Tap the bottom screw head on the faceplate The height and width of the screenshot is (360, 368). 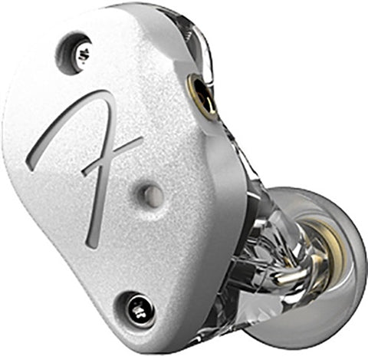tap(141, 312)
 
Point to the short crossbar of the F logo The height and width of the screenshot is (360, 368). tap(113, 156)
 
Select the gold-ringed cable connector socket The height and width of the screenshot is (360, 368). tap(202, 97)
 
